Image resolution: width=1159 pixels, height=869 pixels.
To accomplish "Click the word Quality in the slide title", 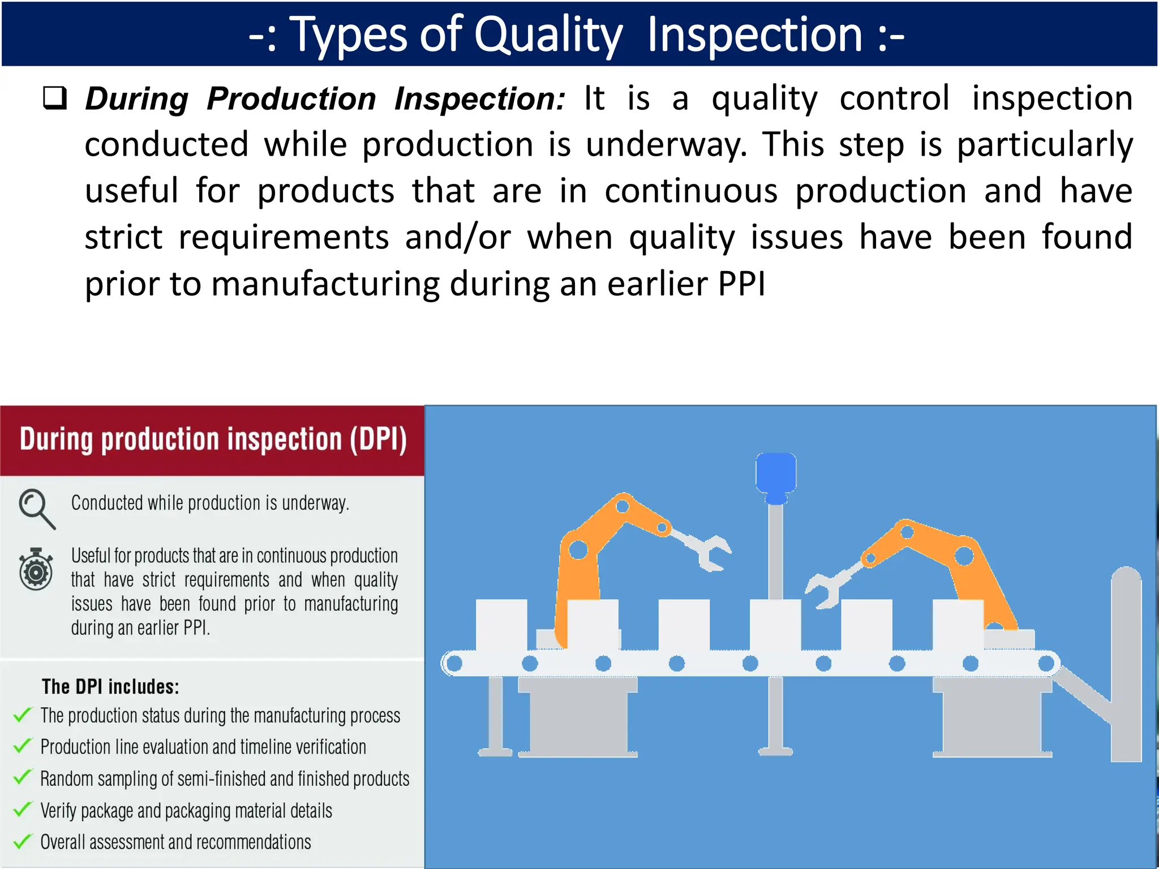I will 548,35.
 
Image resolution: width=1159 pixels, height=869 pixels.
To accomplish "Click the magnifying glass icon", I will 36,508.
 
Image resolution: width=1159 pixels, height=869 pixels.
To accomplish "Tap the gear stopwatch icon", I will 36,569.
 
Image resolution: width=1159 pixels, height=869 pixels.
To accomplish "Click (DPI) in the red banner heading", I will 378,440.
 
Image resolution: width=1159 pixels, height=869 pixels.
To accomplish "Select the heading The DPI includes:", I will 110,687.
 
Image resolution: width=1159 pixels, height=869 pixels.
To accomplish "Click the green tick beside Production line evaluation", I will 23,746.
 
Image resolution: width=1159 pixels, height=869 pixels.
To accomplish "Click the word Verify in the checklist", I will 58,811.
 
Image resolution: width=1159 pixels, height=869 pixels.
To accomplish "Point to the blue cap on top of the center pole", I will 776,475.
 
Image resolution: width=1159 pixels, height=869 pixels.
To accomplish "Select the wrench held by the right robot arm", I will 829,588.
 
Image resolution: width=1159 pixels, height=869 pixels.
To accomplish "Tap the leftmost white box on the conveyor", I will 501,625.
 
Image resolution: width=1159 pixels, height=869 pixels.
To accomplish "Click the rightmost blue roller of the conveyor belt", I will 1046,663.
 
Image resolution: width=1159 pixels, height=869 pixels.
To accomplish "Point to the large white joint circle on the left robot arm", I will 578,549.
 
